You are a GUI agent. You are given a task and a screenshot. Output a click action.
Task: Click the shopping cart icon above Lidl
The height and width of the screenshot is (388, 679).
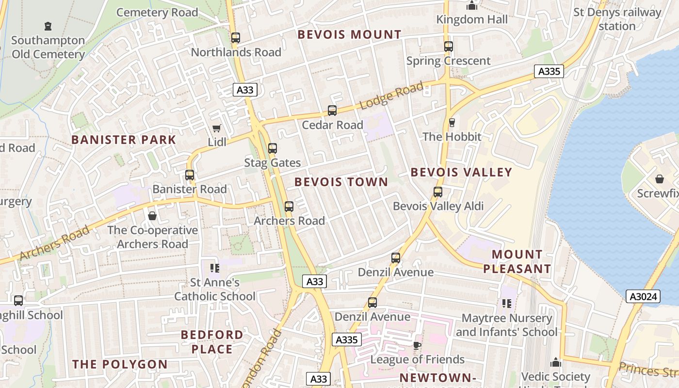point(216,129)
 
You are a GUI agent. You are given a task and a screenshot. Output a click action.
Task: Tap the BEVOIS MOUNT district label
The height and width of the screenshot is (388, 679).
point(349,34)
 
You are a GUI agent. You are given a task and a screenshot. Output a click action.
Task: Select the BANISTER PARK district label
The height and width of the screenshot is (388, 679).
point(124,140)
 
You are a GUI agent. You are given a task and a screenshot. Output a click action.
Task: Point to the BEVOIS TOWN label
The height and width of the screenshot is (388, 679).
point(341,182)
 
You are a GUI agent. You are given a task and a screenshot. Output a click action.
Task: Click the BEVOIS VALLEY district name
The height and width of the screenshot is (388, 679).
point(461,172)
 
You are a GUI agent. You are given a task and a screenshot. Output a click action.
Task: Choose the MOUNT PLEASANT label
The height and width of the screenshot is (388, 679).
point(517,261)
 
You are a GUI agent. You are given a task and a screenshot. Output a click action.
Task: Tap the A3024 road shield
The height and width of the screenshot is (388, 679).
point(643,296)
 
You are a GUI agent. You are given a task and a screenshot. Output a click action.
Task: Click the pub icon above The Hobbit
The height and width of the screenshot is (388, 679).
point(452,123)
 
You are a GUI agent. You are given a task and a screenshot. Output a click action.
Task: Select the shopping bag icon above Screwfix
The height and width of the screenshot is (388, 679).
point(659,179)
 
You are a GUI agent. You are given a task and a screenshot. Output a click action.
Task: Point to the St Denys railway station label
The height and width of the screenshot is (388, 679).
point(617,19)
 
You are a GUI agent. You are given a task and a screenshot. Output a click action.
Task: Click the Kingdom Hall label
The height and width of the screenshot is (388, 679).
point(472,19)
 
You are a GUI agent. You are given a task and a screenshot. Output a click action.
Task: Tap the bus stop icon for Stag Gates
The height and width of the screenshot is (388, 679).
point(273,148)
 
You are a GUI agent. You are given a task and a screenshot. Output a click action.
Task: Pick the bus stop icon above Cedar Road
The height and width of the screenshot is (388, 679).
point(332,111)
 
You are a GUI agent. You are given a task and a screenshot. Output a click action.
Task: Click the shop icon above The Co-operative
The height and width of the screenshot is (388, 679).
point(152,216)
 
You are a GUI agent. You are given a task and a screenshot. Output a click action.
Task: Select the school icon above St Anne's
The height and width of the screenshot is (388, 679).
point(214,268)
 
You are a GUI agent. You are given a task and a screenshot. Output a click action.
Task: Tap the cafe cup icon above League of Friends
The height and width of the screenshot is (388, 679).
point(417,345)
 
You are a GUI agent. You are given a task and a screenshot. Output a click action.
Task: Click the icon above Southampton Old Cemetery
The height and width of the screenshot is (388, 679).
point(48,26)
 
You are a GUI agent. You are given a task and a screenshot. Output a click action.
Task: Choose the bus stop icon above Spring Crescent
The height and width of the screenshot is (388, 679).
point(449,47)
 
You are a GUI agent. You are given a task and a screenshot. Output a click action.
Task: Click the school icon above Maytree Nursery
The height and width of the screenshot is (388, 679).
point(507,304)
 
